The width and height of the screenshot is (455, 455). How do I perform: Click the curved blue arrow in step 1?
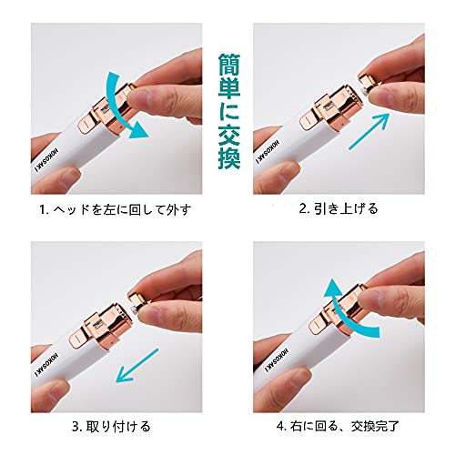point(116,112)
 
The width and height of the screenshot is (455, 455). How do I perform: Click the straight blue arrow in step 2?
point(369,130)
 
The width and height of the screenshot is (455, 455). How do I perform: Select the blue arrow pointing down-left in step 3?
point(137,365)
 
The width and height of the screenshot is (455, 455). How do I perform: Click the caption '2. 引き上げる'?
point(339,209)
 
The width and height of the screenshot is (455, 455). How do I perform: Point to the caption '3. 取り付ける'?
point(111,427)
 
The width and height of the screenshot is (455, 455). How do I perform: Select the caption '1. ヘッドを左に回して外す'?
point(116,210)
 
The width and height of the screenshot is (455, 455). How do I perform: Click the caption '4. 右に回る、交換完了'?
point(338,427)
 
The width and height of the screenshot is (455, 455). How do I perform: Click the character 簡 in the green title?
point(229,65)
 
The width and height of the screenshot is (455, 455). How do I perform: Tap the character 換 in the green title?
point(229,157)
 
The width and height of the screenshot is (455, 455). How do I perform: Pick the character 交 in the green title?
point(229,135)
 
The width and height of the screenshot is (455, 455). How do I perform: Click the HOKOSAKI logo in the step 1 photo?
point(45,162)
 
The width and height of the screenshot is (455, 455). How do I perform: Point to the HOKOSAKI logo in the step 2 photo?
point(268,152)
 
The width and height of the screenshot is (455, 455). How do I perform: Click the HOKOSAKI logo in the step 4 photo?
point(277,359)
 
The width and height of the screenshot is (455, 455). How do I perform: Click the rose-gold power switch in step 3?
point(78,339)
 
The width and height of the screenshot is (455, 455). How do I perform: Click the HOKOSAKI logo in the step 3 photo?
point(46,365)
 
